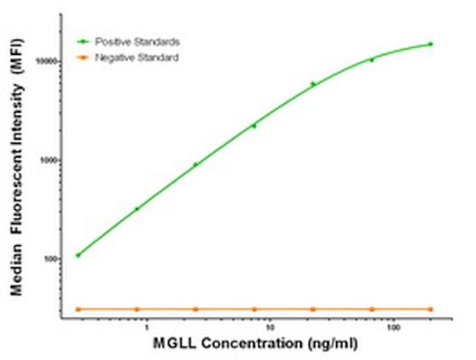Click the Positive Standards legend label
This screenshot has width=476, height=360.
click(138, 42)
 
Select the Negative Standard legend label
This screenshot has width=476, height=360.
click(137, 56)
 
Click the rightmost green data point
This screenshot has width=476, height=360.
click(431, 44)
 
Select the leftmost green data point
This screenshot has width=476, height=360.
click(78, 255)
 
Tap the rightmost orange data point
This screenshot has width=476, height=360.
click(431, 309)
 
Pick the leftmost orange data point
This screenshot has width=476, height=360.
click(78, 309)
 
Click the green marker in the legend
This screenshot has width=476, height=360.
click(85, 42)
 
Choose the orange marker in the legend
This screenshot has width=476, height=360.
click(85, 56)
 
